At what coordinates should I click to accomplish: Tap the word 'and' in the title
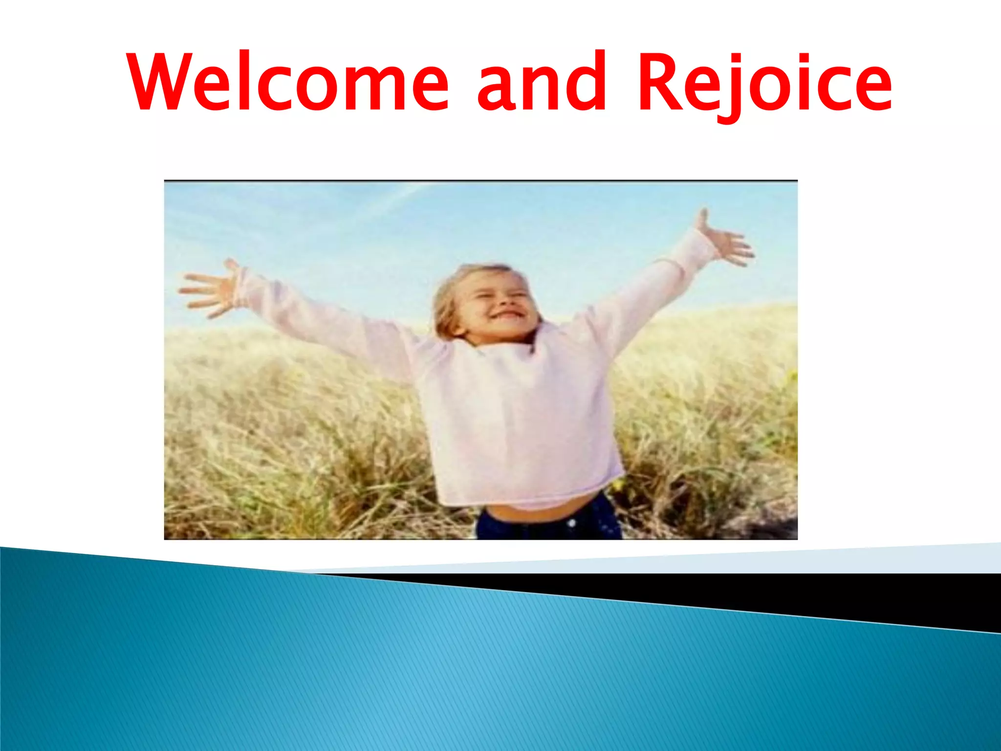point(542,82)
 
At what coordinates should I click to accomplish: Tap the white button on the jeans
point(572,524)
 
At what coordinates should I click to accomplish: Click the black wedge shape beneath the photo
point(831,596)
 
